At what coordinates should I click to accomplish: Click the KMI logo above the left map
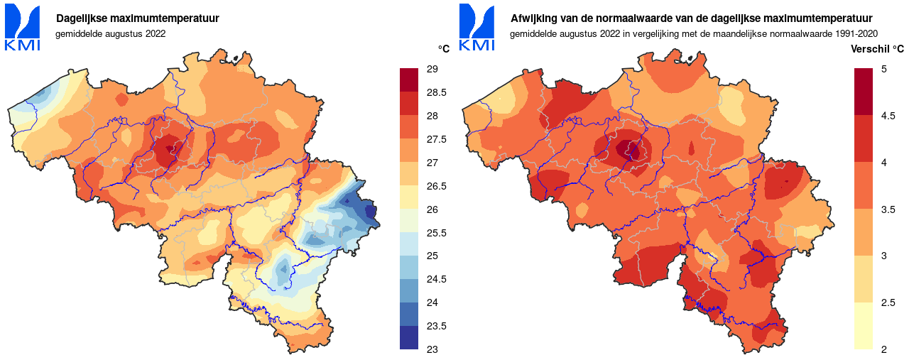click(x=23, y=27)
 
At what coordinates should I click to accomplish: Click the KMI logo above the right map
click(x=477, y=27)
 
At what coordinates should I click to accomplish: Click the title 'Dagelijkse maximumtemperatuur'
click(x=137, y=18)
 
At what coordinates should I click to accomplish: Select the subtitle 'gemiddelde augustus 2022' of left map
click(x=110, y=33)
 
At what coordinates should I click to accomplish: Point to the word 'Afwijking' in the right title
click(x=533, y=18)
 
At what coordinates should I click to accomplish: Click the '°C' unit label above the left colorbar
click(x=444, y=48)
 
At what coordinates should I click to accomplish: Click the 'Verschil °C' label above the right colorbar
click(x=877, y=48)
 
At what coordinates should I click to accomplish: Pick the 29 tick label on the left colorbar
click(x=432, y=69)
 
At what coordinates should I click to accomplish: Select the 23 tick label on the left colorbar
click(x=432, y=349)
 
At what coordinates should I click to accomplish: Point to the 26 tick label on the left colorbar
click(x=432, y=209)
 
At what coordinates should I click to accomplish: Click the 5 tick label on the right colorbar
click(x=884, y=69)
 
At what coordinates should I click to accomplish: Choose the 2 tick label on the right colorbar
click(x=884, y=349)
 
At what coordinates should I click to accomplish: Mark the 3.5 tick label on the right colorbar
click(x=888, y=209)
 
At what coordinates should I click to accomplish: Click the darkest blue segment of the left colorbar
click(x=410, y=337)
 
